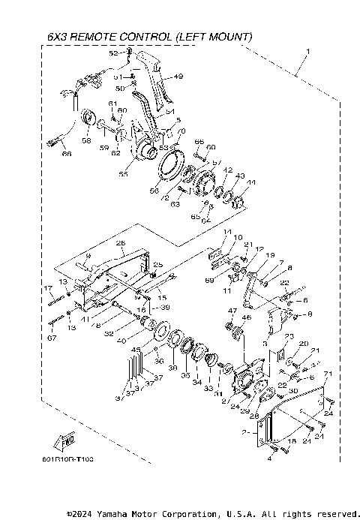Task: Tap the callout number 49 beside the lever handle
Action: coord(178,76)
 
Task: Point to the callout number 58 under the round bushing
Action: coord(86,140)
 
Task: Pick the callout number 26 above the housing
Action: coord(120,242)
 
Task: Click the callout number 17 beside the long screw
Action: coord(47,288)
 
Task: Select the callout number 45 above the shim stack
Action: coord(135,350)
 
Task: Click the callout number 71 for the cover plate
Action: coord(327,373)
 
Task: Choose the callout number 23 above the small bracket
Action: coord(288,336)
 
